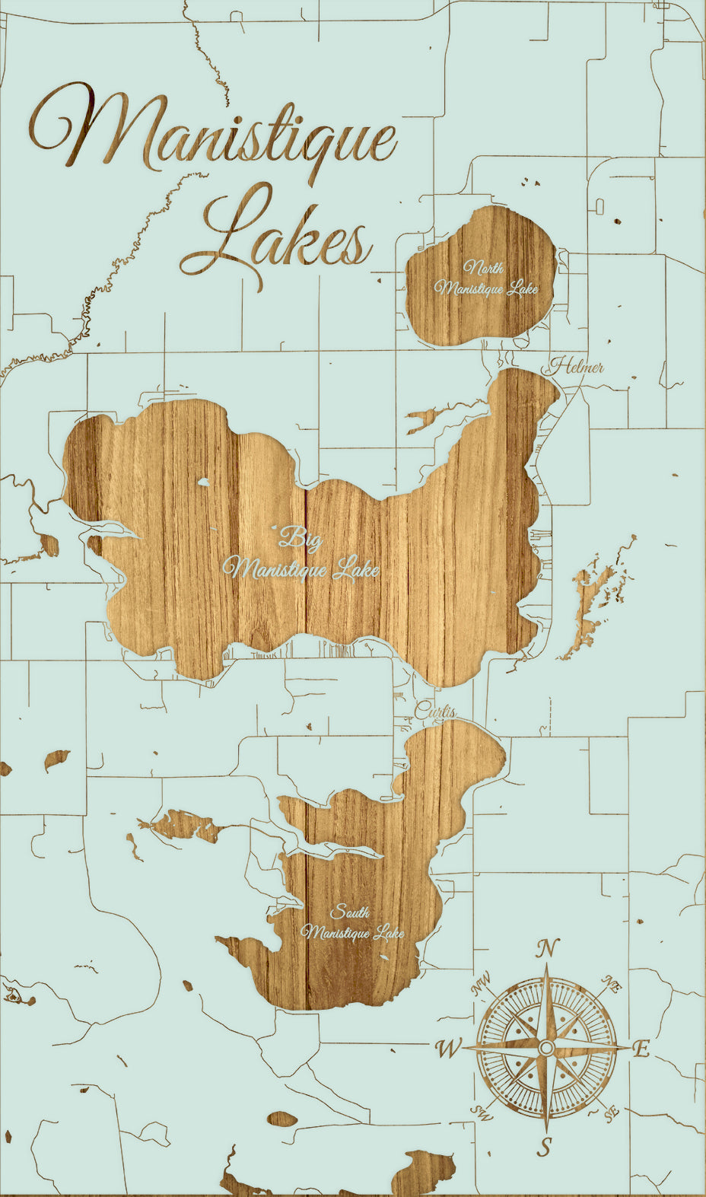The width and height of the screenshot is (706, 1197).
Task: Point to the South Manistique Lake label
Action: (352, 923)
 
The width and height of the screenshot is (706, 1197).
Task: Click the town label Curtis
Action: (435, 712)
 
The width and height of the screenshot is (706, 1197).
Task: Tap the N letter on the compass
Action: (547, 949)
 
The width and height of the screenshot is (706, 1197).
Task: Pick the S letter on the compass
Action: (545, 1146)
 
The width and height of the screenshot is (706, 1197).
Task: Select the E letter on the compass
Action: (641, 1049)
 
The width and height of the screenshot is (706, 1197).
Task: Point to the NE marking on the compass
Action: (613, 983)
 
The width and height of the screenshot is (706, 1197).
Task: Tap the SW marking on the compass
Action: (481, 1112)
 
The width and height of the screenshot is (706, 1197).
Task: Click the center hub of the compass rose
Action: (546, 1049)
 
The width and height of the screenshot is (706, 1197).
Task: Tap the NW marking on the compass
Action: (481, 985)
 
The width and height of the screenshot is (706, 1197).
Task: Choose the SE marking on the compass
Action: (611, 1114)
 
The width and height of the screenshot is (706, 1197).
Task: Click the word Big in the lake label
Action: (301, 540)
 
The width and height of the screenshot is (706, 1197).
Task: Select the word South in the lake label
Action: (350, 912)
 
